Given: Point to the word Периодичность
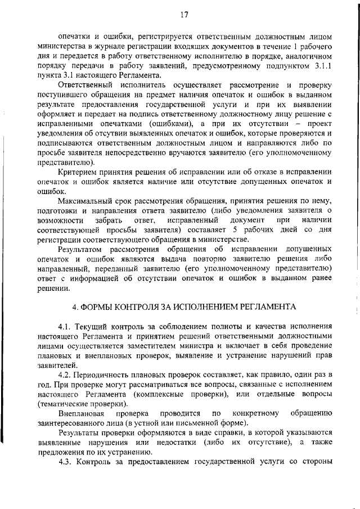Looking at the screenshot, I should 106,375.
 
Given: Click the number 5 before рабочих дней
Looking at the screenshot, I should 222,231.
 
